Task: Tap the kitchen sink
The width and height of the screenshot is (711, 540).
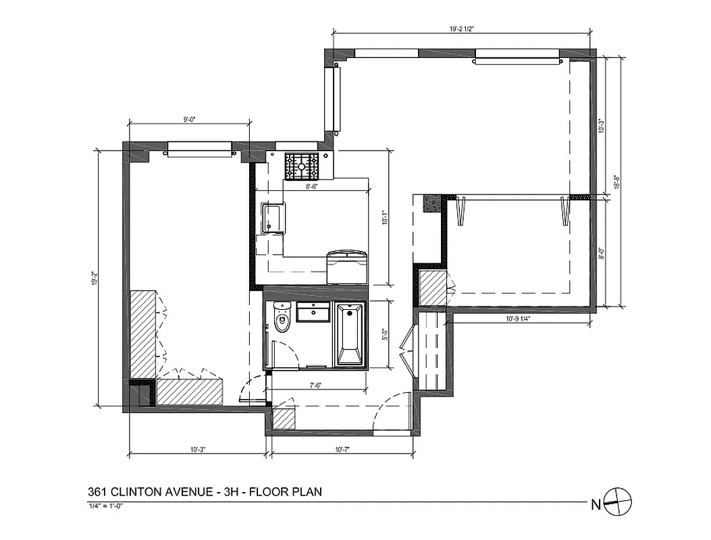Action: [274, 217]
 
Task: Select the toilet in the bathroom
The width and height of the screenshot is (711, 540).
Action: [281, 318]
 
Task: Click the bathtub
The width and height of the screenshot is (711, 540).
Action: [350, 335]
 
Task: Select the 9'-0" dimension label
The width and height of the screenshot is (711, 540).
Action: [189, 119]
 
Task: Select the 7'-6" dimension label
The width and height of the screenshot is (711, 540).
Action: [315, 385]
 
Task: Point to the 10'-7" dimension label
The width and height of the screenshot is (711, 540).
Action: [342, 449]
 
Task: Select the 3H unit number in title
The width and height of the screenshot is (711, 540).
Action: [228, 491]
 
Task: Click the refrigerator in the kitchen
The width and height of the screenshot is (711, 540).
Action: [346, 267]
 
